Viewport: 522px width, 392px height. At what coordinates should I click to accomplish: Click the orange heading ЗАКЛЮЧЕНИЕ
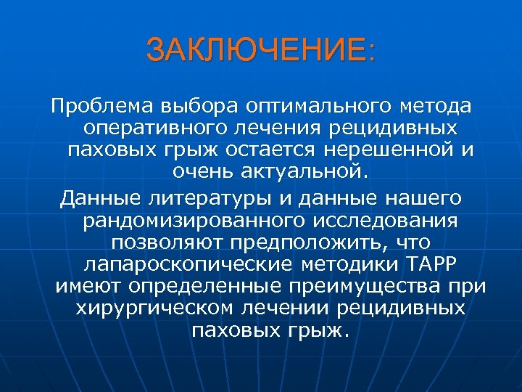click(x=261, y=51)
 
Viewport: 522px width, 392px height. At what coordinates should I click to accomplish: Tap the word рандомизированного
click(x=185, y=220)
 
